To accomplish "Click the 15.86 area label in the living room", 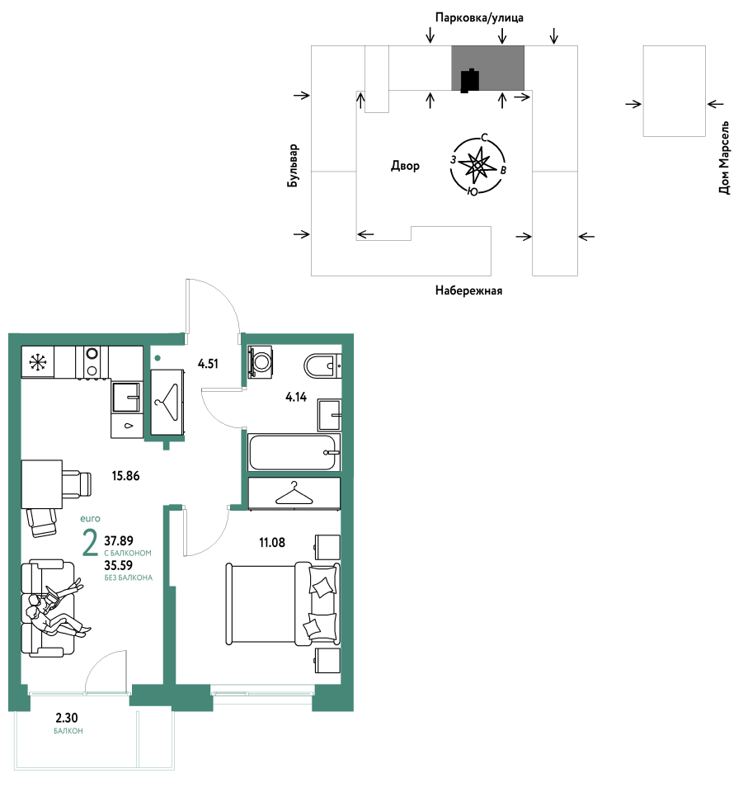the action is pyautogui.click(x=125, y=476).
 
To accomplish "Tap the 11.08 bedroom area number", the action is pyautogui.click(x=272, y=543).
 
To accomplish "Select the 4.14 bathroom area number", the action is pyautogui.click(x=296, y=397).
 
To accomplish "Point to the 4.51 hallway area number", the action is pyautogui.click(x=208, y=364).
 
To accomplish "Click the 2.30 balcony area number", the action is pyautogui.click(x=67, y=718).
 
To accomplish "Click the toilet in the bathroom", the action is pyautogui.click(x=322, y=365).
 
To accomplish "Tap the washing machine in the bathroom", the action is pyautogui.click(x=261, y=361).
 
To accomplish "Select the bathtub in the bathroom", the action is pyautogui.click(x=294, y=452).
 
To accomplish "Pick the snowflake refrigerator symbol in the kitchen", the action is pyautogui.click(x=38, y=361).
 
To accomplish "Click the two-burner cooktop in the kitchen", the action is pyautogui.click(x=92, y=361).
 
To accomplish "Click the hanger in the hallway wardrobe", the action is pyautogui.click(x=167, y=403).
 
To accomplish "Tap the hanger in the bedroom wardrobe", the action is pyautogui.click(x=294, y=493).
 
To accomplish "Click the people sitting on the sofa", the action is pyautogui.click(x=57, y=609).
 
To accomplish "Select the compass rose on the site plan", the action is pyautogui.click(x=477, y=165).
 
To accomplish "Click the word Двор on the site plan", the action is pyautogui.click(x=406, y=166).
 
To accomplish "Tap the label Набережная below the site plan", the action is pyautogui.click(x=469, y=290).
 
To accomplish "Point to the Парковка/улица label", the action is pyautogui.click(x=479, y=18).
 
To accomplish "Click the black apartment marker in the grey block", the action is pyautogui.click(x=470, y=80).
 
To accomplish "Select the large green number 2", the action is pyautogui.click(x=90, y=543).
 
